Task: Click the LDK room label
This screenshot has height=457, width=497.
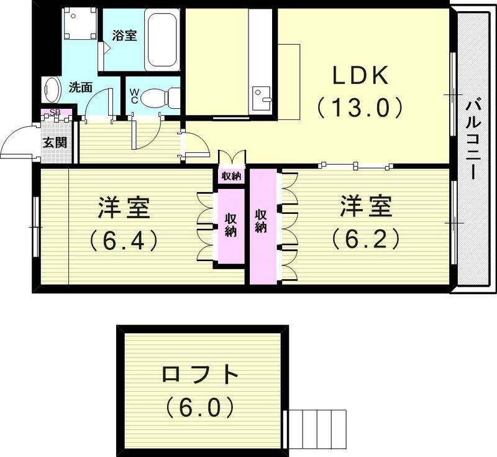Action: point(360,76)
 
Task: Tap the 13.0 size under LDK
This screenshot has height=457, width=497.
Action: point(360,108)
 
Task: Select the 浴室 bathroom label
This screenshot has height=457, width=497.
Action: point(124,35)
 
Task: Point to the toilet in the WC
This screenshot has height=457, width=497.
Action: point(158,98)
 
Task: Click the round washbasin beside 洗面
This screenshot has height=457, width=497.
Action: point(51,91)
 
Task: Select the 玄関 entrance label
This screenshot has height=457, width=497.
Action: point(55,142)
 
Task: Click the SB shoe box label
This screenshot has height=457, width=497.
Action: point(55,113)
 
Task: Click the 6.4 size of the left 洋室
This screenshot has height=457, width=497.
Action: point(124,239)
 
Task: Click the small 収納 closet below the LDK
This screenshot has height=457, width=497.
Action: point(231,176)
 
